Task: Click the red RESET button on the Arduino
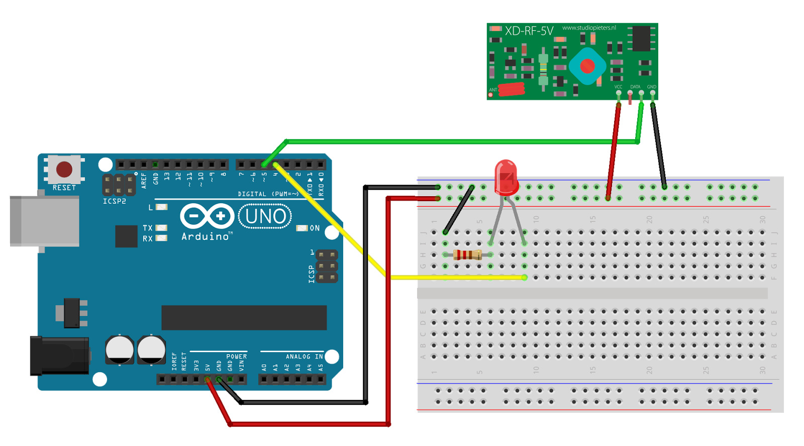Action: pyautogui.click(x=64, y=169)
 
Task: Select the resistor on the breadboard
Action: pyautogui.click(x=468, y=255)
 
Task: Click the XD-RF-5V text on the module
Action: pyautogui.click(x=529, y=31)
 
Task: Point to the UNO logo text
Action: pyautogui.click(x=266, y=217)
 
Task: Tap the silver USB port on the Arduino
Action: pyautogui.click(x=44, y=221)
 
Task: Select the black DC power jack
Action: pyautogui.click(x=59, y=356)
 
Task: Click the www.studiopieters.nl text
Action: pyautogui.click(x=589, y=28)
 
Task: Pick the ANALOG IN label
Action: pyautogui.click(x=305, y=357)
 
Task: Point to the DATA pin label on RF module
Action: pyautogui.click(x=635, y=87)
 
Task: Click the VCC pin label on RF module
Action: pyautogui.click(x=618, y=87)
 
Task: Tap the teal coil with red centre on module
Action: pyautogui.click(x=587, y=66)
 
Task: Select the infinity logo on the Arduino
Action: pyautogui.click(x=207, y=216)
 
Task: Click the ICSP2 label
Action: pyautogui.click(x=115, y=201)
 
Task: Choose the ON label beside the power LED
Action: pyautogui.click(x=315, y=228)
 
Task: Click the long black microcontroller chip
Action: pyautogui.click(x=244, y=318)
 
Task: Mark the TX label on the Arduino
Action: pyautogui.click(x=147, y=228)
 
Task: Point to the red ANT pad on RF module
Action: pyautogui.click(x=511, y=89)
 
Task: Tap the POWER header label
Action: pyautogui.click(x=236, y=357)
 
